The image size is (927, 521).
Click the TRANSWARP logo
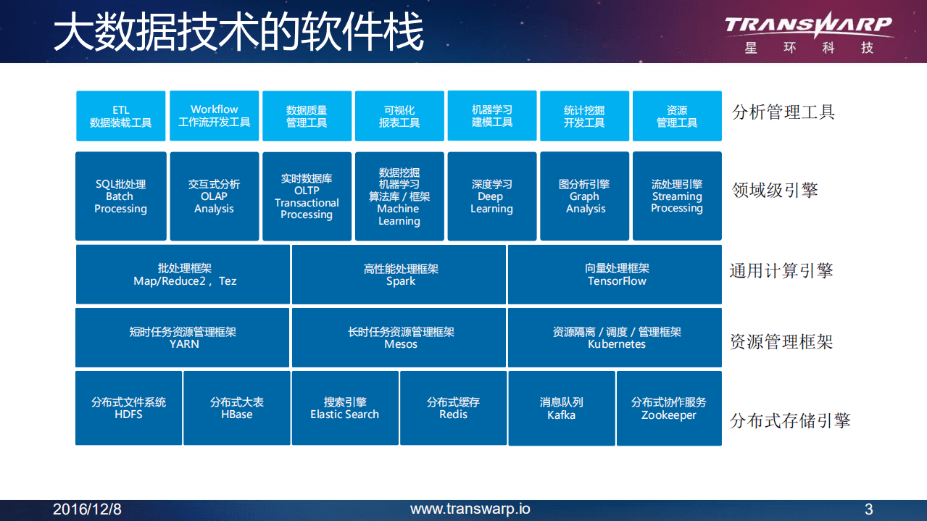[808, 33]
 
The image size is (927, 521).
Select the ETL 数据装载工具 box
[121, 116]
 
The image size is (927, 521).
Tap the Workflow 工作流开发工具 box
[214, 116]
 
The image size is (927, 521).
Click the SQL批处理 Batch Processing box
[121, 196]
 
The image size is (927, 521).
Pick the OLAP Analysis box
[214, 196]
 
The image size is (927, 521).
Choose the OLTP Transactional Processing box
[307, 196]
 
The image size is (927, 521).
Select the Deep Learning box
[492, 196]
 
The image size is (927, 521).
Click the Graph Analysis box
[585, 196]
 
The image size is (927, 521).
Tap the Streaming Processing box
[677, 196]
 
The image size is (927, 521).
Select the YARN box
[183, 338]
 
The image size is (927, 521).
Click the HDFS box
[128, 408]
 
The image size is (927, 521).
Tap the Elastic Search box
[345, 408]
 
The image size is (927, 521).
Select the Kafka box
[562, 408]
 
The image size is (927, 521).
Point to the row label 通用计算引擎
[781, 271]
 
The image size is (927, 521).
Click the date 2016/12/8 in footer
[87, 509]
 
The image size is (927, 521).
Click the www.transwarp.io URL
[470, 509]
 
